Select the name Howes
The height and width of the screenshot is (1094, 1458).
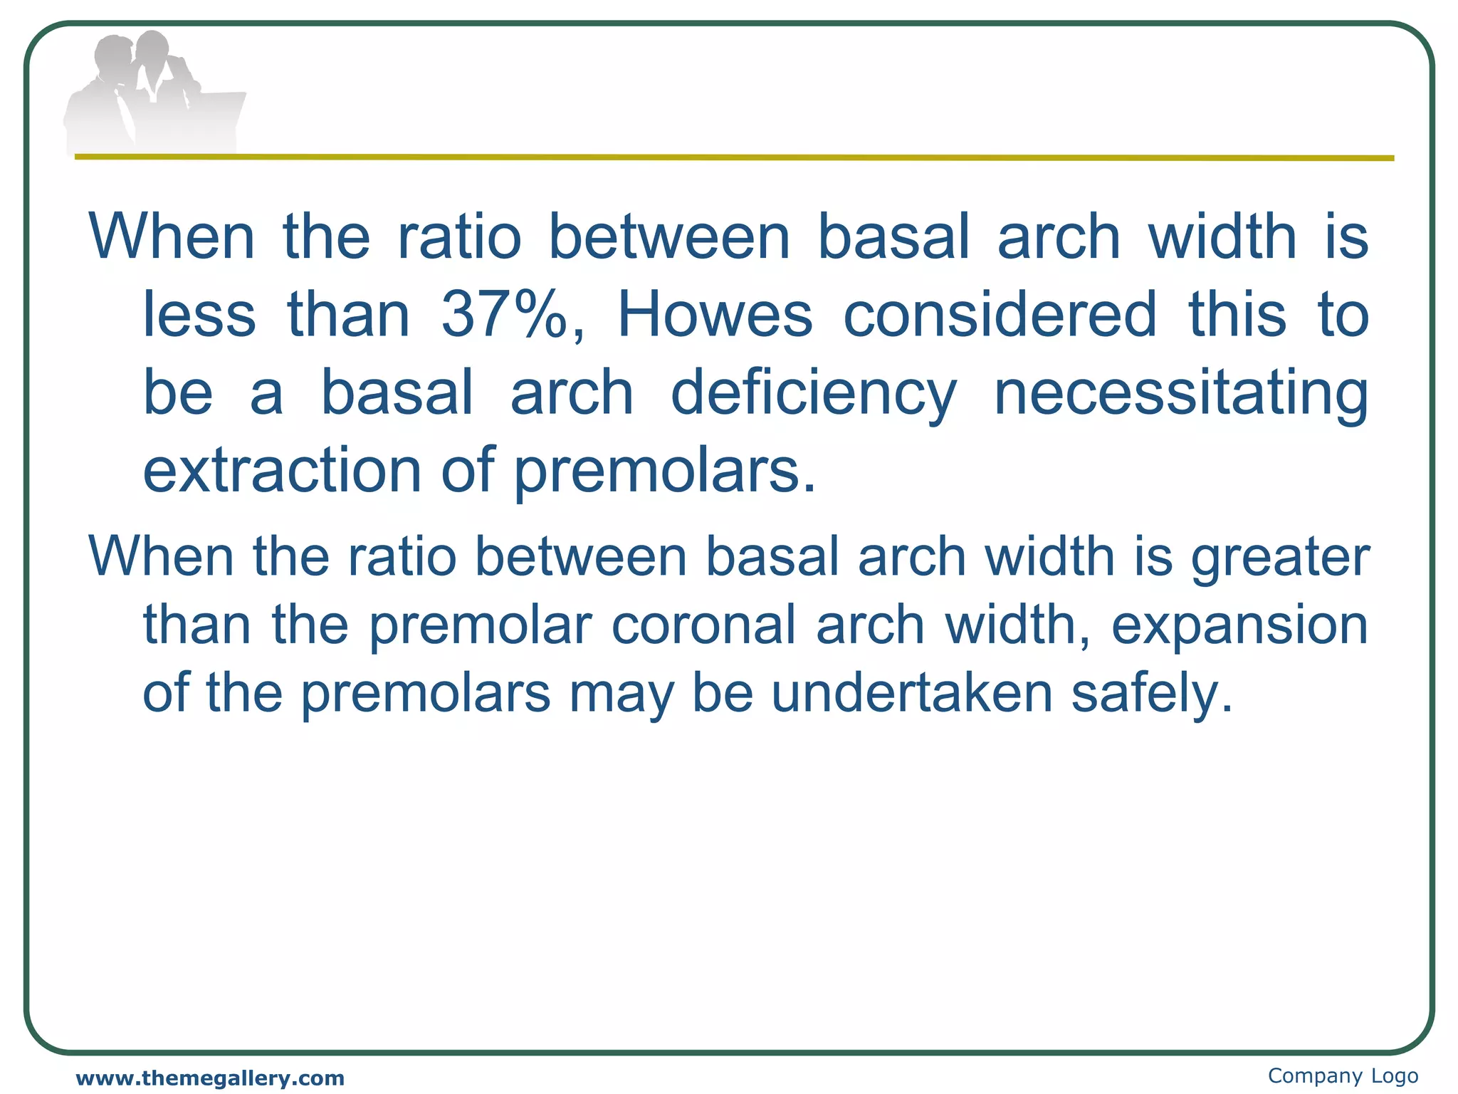(x=714, y=315)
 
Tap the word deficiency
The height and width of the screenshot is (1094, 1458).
(x=813, y=394)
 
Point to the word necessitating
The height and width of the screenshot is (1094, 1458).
(x=1180, y=394)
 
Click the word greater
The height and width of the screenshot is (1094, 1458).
(x=1280, y=558)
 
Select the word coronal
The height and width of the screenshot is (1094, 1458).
(x=703, y=625)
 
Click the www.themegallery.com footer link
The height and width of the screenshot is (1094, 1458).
(x=210, y=1078)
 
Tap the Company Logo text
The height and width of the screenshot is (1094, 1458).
(x=1343, y=1075)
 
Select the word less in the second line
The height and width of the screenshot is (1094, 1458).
(x=199, y=315)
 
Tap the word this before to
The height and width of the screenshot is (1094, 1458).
(x=1237, y=315)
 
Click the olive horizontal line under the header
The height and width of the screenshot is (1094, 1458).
(x=733, y=157)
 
